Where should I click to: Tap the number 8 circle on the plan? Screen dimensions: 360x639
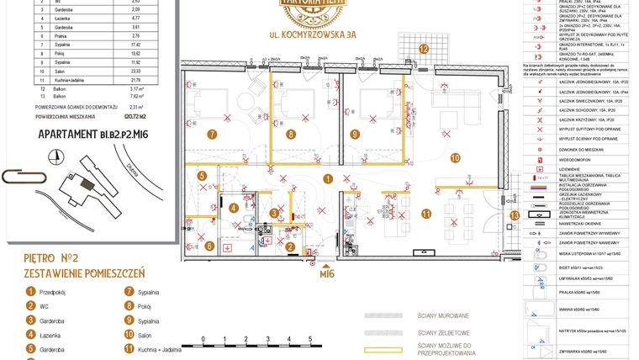(x=291, y=134)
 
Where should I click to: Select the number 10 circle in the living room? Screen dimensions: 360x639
(x=454, y=157)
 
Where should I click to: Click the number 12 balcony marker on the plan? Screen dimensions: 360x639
(x=425, y=50)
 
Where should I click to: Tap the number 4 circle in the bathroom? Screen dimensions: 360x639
(x=233, y=208)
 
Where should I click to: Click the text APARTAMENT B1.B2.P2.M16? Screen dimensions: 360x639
(x=81, y=133)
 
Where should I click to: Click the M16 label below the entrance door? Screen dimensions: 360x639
(x=327, y=272)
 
